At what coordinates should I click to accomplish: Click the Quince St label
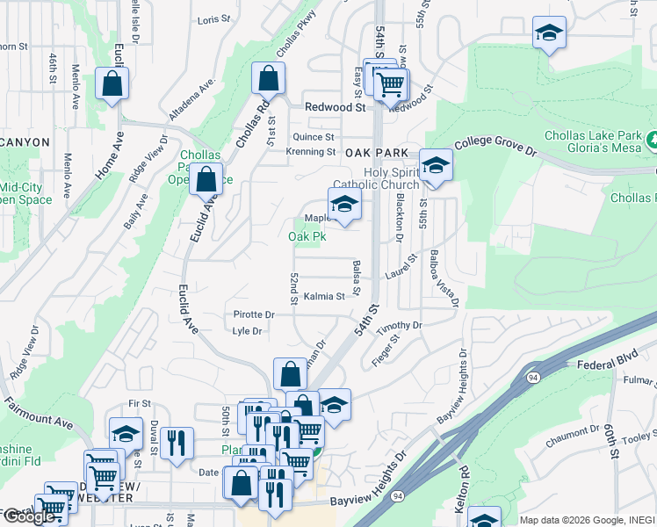click(x=314, y=137)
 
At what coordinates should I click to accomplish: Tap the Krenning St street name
click(x=311, y=152)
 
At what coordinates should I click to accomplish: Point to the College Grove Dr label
click(x=495, y=144)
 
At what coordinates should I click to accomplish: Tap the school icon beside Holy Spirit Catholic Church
click(x=435, y=165)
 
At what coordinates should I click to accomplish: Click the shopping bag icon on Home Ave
click(x=112, y=84)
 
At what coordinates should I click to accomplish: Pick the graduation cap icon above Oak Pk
click(x=345, y=205)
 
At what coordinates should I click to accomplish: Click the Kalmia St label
click(x=324, y=297)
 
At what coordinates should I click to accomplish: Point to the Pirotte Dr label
click(x=255, y=314)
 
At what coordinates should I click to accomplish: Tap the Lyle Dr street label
click(x=247, y=331)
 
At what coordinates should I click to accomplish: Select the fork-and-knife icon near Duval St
click(x=178, y=444)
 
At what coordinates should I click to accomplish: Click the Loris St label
click(x=213, y=19)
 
